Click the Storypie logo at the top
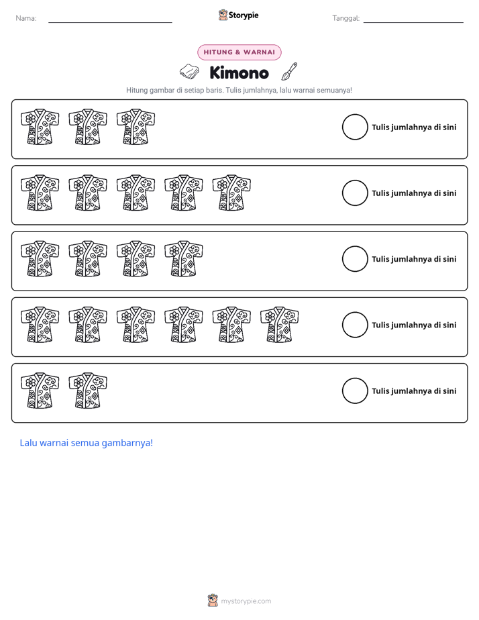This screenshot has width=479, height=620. pyautogui.click(x=238, y=15)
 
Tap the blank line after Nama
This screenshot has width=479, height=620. pyautogui.click(x=110, y=22)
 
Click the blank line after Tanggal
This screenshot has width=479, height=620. pyautogui.click(x=413, y=22)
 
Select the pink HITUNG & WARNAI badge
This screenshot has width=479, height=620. pyautogui.click(x=239, y=52)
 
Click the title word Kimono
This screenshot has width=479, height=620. pyautogui.click(x=239, y=72)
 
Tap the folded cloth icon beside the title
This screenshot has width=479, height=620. pyautogui.click(x=190, y=72)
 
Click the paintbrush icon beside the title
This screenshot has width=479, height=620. pyautogui.click(x=289, y=71)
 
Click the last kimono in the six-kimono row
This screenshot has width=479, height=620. pyautogui.click(x=279, y=324)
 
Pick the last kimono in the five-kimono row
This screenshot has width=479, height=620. pyautogui.click(x=231, y=193)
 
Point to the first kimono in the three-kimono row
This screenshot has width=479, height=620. pyautogui.click(x=40, y=127)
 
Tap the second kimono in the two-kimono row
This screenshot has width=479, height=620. pyautogui.click(x=88, y=391)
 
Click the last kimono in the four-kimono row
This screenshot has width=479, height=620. pyautogui.click(x=184, y=258)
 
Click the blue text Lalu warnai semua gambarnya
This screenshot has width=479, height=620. pyautogui.click(x=86, y=443)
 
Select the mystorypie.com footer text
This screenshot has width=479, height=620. pyautogui.click(x=246, y=601)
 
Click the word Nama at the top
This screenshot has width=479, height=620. pyautogui.click(x=26, y=18)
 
